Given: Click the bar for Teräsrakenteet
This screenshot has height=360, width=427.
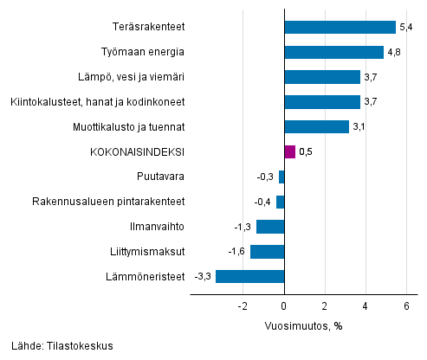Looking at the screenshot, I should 340,27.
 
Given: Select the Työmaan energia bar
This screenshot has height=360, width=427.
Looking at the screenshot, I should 333,52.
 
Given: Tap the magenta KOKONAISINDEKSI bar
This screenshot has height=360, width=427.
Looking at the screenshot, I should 289,152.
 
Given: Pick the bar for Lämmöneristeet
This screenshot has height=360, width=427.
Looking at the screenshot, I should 249,277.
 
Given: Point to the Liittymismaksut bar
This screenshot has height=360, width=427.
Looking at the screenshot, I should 267,252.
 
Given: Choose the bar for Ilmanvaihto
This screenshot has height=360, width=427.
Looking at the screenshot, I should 270,227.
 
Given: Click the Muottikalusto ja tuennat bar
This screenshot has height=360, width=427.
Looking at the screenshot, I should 316,127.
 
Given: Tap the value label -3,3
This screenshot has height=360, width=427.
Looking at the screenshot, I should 203,277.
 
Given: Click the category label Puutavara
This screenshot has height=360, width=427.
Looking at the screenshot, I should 161,177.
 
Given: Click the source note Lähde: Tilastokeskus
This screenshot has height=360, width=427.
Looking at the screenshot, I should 62,346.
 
